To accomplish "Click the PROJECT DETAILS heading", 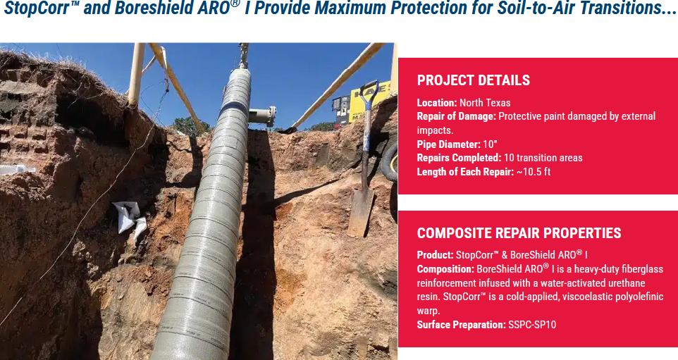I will (x=473, y=80).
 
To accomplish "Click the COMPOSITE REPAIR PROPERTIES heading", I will (x=519, y=233).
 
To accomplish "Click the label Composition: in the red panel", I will (x=445, y=269).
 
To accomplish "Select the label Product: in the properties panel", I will (x=435, y=255).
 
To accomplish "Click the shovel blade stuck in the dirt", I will (x=361, y=211).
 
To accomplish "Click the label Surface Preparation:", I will (x=461, y=325).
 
